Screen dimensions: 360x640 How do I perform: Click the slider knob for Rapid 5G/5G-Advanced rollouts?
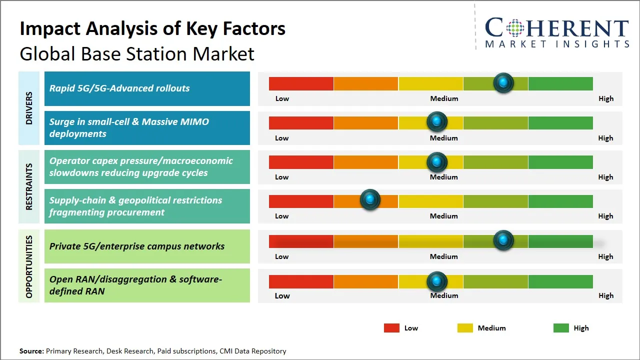click(x=503, y=82)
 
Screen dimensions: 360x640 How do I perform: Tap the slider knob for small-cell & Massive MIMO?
click(x=437, y=121)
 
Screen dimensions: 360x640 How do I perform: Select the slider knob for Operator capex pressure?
click(x=437, y=161)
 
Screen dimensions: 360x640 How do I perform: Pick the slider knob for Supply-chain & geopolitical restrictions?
click(x=370, y=200)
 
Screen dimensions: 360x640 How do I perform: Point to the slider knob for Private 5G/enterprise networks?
click(x=503, y=240)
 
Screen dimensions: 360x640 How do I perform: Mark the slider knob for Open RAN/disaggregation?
click(x=437, y=281)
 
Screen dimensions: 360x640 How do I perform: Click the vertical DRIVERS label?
click(x=29, y=108)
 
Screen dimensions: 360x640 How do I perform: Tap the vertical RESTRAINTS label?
click(x=29, y=186)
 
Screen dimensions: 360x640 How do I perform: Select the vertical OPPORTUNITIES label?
click(x=29, y=266)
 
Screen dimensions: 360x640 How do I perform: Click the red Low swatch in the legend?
click(x=391, y=328)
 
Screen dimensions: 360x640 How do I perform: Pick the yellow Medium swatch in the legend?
click(x=465, y=328)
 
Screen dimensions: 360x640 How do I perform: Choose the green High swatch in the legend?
click(x=561, y=328)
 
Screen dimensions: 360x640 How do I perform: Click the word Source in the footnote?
click(x=31, y=351)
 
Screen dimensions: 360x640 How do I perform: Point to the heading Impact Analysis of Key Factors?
click(x=152, y=28)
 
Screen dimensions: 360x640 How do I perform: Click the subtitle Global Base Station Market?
click(x=137, y=53)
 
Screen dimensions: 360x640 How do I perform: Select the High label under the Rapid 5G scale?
click(x=606, y=98)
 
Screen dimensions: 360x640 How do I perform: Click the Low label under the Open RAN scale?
click(x=282, y=295)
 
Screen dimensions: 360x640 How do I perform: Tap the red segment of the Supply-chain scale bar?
click(x=301, y=201)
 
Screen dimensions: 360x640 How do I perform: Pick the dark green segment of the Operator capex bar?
click(x=560, y=162)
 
